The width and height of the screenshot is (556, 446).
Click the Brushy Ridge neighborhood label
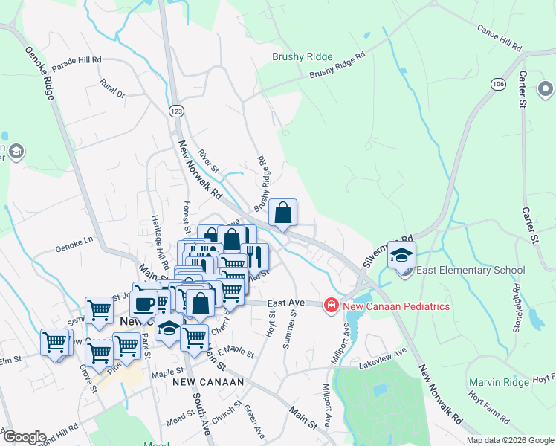303,56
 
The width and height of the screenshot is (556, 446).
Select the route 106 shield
498,85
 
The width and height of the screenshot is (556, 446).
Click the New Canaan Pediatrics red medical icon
331,306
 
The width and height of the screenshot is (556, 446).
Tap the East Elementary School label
471,271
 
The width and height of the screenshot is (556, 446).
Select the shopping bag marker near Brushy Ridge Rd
283,213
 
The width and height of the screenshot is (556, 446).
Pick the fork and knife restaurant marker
254,257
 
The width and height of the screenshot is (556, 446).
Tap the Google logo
24,437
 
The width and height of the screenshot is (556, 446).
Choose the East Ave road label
287,303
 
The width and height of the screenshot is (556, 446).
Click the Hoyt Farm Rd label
500,409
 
